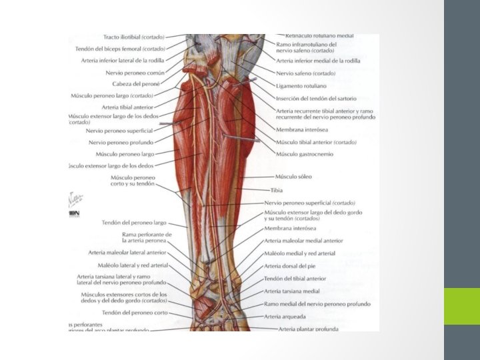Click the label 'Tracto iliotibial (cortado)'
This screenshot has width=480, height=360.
pos(133,37)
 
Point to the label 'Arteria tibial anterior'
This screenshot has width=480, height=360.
pos(127,107)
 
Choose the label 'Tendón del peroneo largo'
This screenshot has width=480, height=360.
pos(134,223)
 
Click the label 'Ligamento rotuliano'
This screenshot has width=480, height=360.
pos(301,86)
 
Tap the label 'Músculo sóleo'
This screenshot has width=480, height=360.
pos(293,177)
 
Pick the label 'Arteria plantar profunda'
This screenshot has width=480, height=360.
pos(308,329)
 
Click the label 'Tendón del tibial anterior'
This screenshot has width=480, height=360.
pos(295,279)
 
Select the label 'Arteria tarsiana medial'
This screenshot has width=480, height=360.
pos(291,291)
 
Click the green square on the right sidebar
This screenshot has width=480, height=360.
pos(461,306)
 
